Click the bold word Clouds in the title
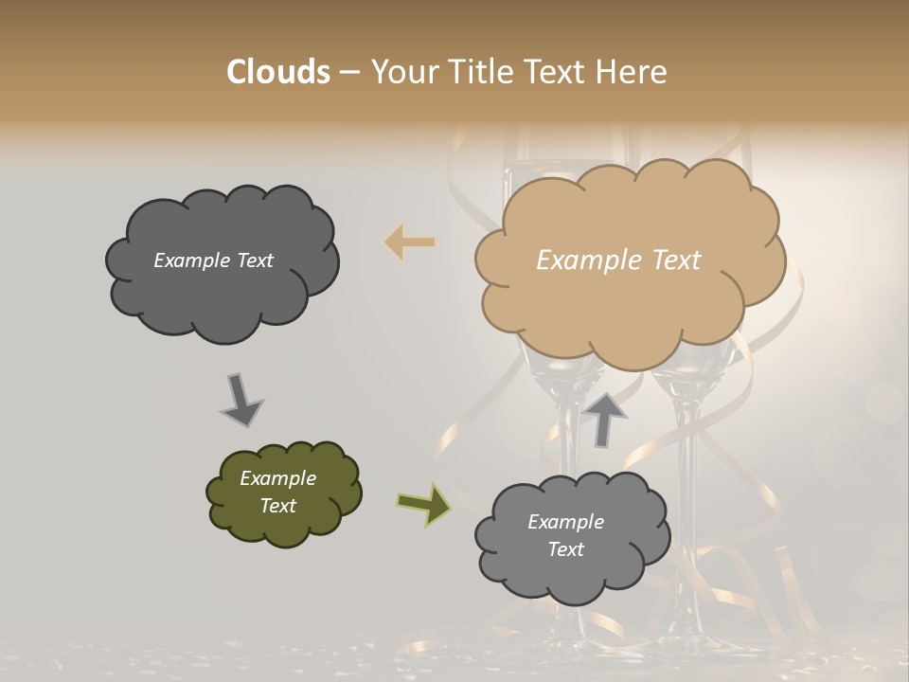[x=278, y=72]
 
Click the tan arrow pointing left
[x=410, y=242]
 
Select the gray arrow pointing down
[x=241, y=400]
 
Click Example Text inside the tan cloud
[x=618, y=260]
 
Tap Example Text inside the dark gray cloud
[x=213, y=260]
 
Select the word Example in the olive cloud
[x=277, y=478]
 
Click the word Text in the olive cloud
[x=277, y=506]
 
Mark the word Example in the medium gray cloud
[x=565, y=522]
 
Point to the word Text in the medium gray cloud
[x=565, y=549]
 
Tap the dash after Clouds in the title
[x=348, y=72]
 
